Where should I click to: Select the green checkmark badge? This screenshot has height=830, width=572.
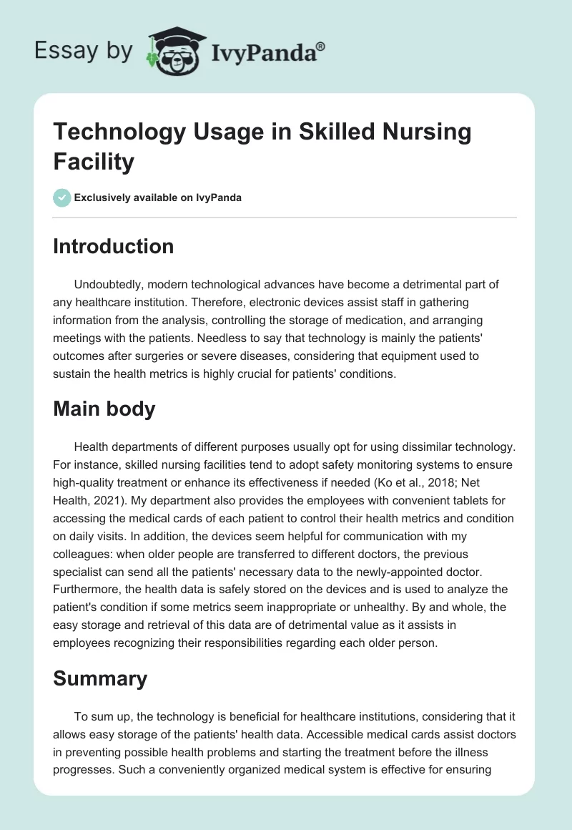tap(62, 197)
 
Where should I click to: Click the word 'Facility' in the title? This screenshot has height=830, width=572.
tap(94, 162)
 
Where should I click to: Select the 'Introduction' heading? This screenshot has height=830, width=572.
tap(113, 246)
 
